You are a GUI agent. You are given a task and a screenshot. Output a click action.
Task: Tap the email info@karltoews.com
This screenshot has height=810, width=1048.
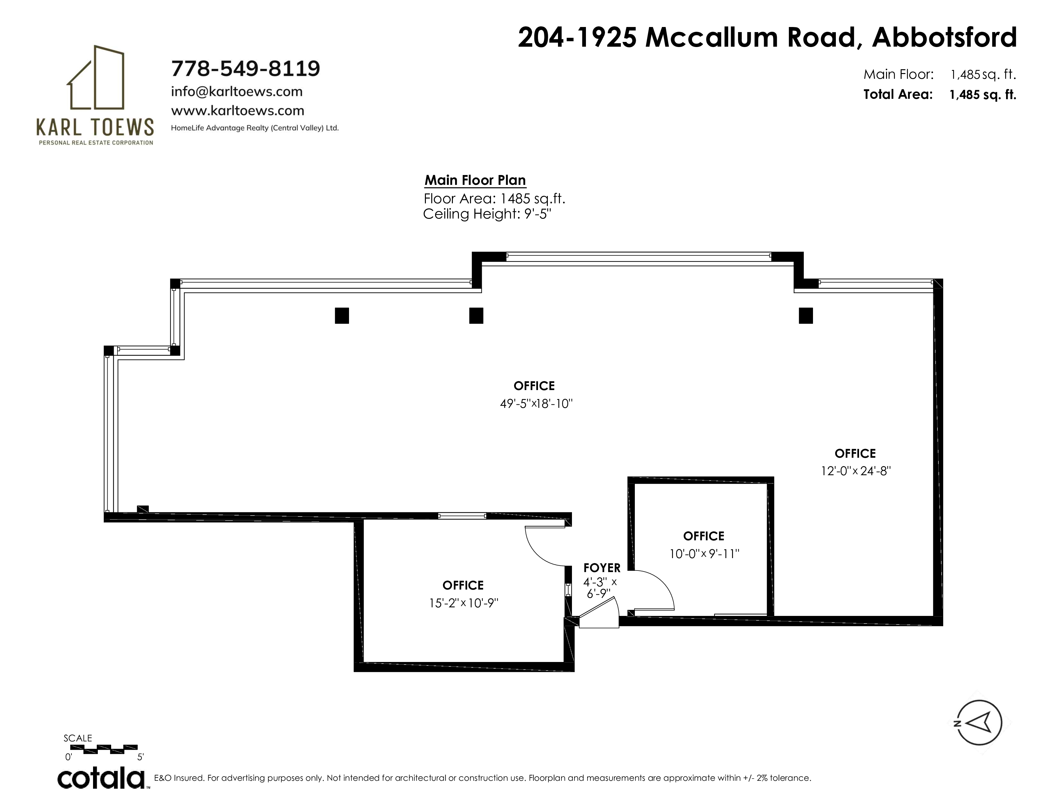tap(237, 92)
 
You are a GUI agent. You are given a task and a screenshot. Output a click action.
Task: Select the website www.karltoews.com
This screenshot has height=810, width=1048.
tap(238, 111)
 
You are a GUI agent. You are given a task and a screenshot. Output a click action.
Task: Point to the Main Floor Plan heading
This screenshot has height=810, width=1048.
tap(475, 180)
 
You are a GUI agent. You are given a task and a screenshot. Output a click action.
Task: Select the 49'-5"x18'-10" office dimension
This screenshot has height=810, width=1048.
tap(536, 403)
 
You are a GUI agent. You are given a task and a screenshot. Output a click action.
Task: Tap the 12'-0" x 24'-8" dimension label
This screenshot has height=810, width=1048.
tap(856, 471)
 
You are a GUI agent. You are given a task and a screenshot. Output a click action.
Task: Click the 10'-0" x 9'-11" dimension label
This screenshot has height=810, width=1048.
tap(704, 554)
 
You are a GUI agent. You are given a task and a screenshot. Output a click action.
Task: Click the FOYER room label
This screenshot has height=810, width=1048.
tap(602, 568)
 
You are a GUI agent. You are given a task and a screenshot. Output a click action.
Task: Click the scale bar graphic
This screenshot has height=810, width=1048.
tap(104, 749)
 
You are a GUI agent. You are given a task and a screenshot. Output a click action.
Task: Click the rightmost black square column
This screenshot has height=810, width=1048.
tap(806, 316)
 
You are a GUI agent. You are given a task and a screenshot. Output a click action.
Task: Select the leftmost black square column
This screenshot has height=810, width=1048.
tap(342, 316)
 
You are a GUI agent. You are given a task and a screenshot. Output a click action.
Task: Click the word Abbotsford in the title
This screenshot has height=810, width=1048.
tap(944, 37)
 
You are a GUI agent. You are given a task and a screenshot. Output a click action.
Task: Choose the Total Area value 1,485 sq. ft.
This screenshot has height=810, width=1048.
tap(983, 95)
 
